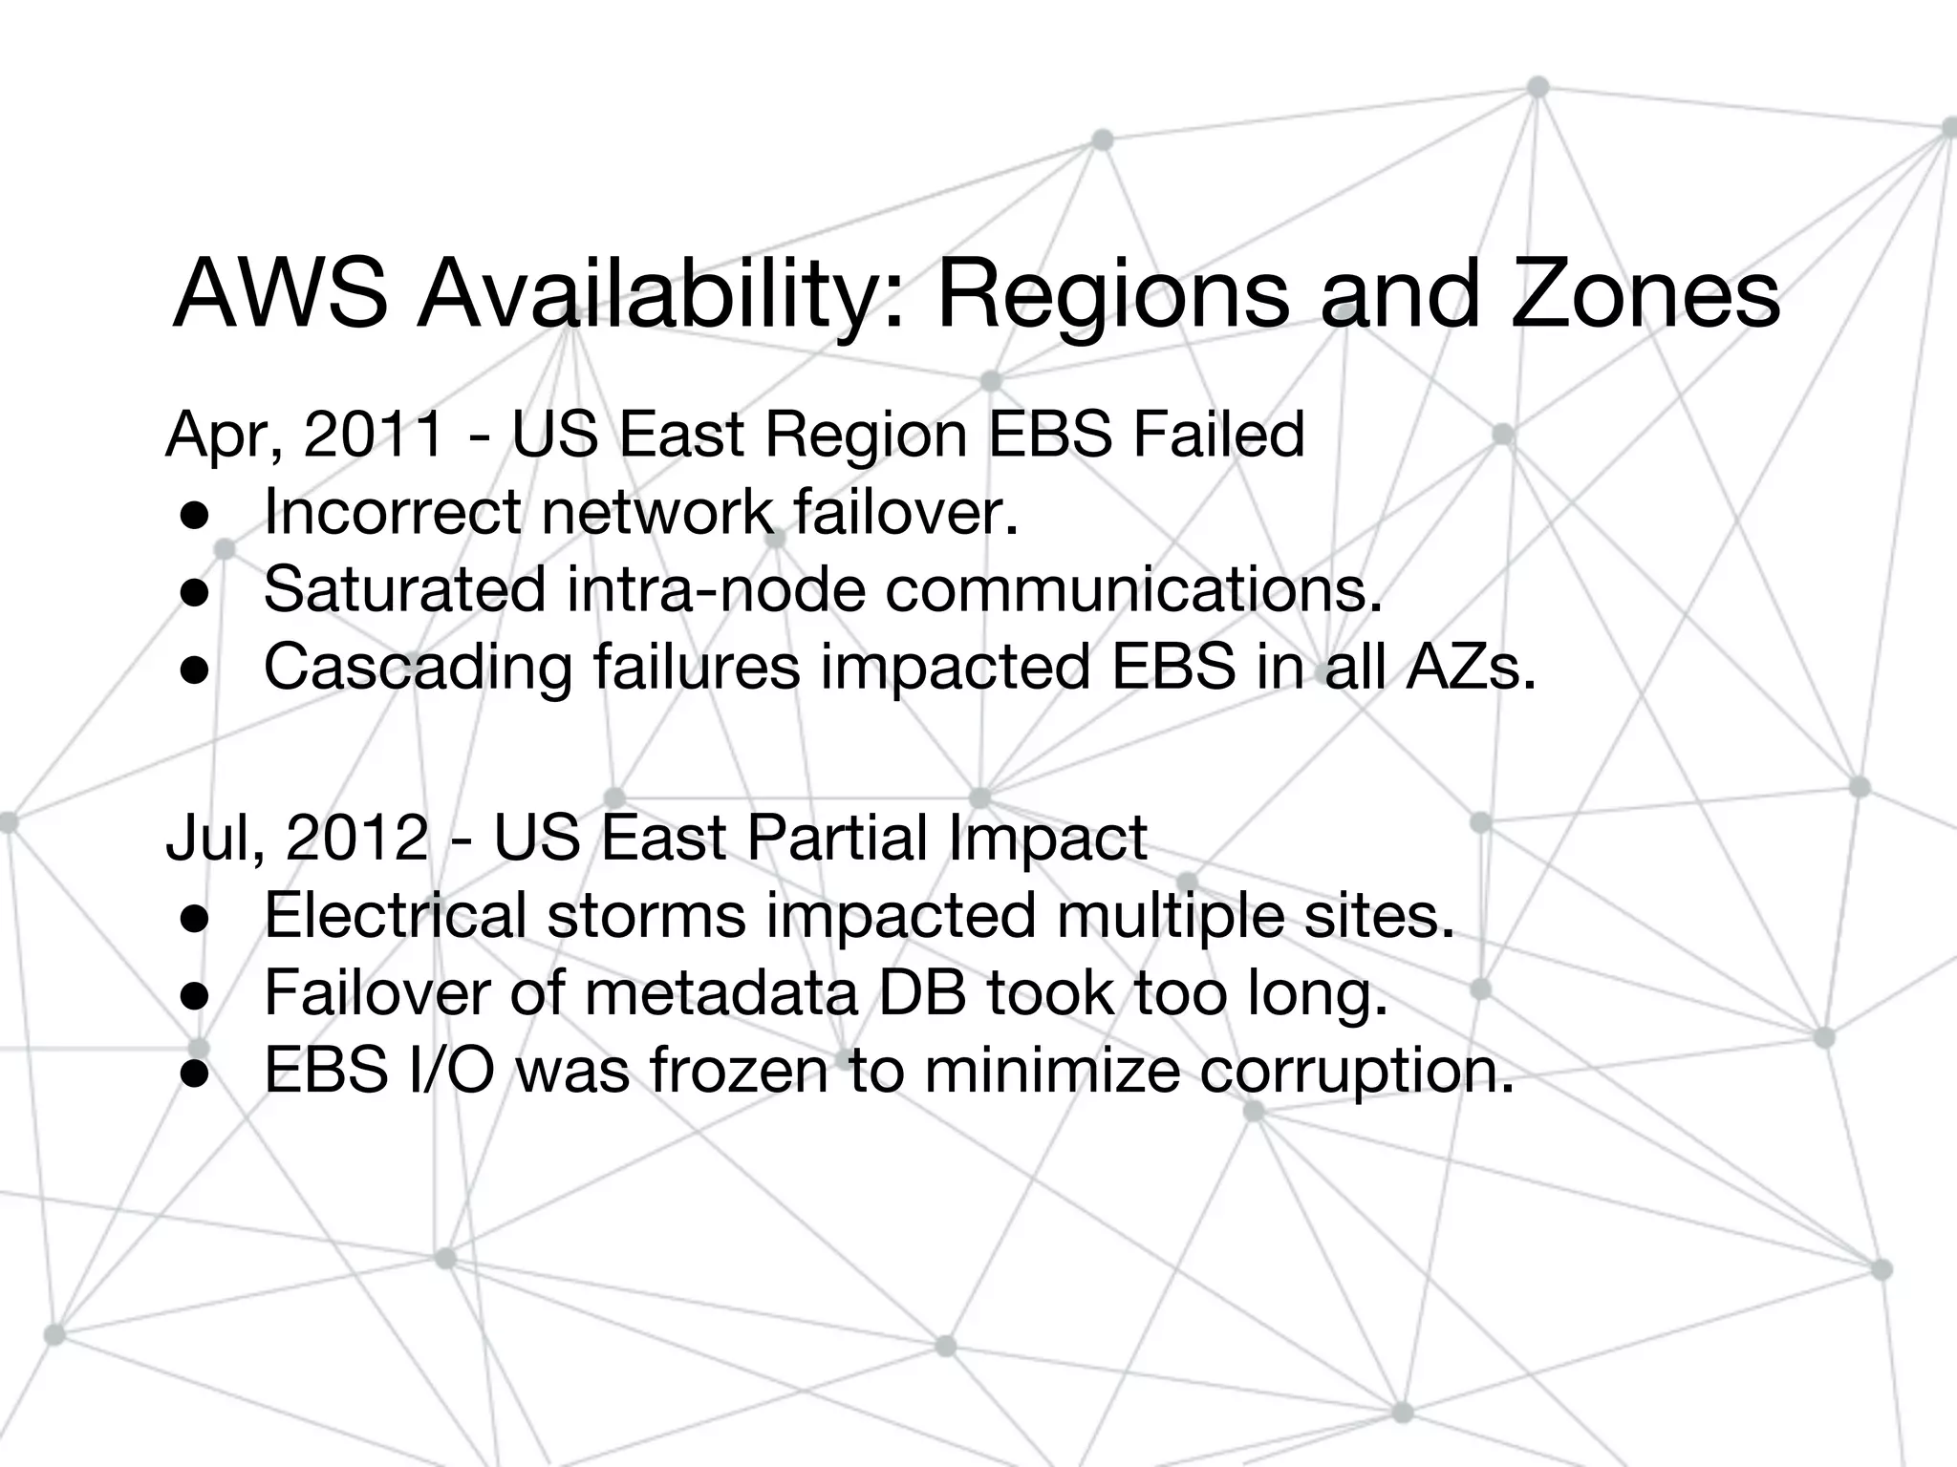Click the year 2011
[374, 435]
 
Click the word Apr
[219, 435]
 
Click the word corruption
[1357, 1072]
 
